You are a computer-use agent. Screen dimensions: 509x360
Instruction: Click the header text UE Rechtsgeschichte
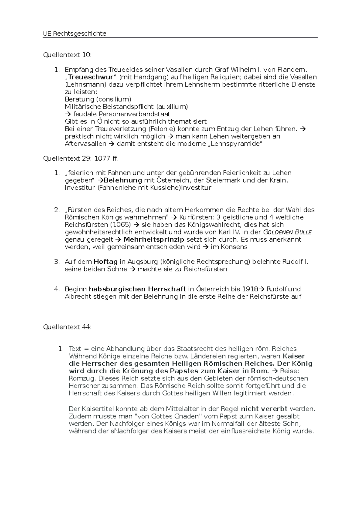click(x=75, y=34)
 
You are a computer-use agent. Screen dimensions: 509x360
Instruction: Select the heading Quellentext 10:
click(x=67, y=55)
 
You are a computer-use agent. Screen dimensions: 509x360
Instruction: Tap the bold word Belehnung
click(x=123, y=180)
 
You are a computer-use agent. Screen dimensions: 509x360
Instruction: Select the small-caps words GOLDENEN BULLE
click(x=287, y=232)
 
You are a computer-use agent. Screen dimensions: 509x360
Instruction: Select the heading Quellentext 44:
click(x=67, y=327)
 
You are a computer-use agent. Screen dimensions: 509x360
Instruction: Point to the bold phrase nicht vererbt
click(x=264, y=409)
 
